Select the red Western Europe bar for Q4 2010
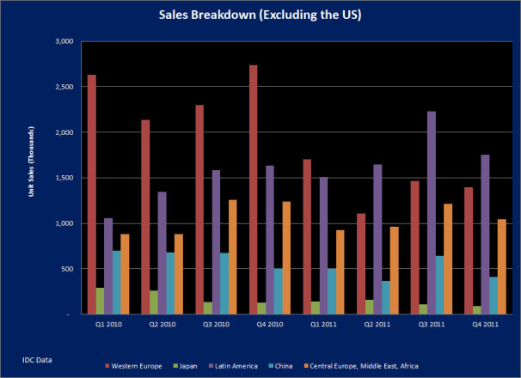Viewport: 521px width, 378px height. (254, 190)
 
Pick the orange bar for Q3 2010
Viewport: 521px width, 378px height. (232, 257)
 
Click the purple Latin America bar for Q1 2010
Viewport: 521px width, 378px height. (107, 266)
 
